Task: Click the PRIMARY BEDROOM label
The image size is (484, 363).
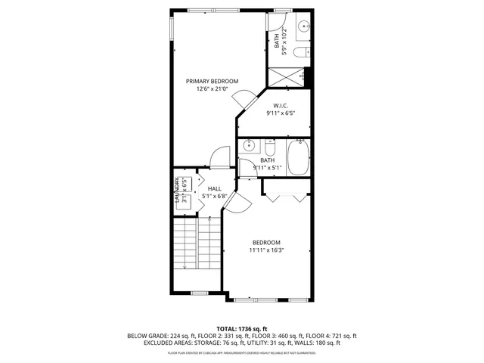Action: tap(213, 81)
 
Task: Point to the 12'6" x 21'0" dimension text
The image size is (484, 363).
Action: tap(213, 89)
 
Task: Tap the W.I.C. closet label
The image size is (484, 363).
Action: tap(280, 105)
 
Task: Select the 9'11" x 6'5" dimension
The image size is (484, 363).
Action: tap(280, 113)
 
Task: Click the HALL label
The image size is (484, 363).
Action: tap(214, 188)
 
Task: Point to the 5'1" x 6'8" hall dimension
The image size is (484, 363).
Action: tap(214, 196)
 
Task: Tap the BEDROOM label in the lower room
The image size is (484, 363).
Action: tap(266, 242)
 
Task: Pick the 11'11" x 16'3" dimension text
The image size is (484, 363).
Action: tap(266, 250)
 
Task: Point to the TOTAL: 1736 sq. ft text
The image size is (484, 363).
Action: tap(242, 328)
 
